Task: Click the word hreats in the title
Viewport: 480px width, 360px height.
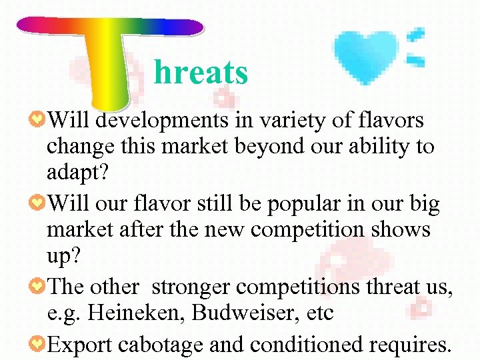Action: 201,73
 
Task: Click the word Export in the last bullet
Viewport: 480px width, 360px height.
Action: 81,345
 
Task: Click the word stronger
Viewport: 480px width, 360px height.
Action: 192,287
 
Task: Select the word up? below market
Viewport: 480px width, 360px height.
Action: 64,254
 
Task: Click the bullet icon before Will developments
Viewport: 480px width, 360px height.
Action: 38,121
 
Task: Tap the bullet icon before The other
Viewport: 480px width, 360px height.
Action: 38,287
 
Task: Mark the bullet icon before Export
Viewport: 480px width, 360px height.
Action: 38,345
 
